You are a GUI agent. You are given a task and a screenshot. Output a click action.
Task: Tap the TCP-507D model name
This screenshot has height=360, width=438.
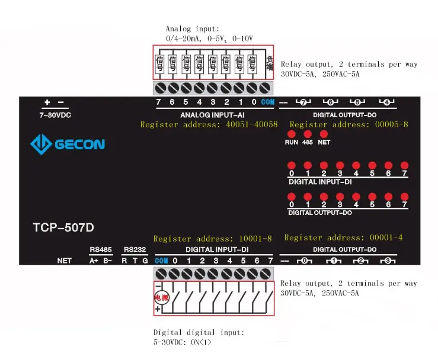(x=63, y=227)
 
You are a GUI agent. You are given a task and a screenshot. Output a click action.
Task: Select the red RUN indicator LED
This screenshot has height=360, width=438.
(x=291, y=134)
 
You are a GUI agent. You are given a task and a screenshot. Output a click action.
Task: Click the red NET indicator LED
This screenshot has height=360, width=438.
(x=324, y=134)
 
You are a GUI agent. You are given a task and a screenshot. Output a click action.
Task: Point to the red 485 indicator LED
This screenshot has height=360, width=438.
(x=307, y=134)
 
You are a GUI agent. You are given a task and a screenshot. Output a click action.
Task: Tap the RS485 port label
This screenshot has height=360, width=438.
(x=100, y=250)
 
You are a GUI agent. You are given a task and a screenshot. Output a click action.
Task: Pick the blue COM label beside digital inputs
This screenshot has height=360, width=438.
(x=161, y=261)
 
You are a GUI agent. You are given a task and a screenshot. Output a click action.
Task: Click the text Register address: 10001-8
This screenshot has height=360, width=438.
(x=212, y=239)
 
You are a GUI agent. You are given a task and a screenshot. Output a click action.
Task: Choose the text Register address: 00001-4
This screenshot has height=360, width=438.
(x=343, y=237)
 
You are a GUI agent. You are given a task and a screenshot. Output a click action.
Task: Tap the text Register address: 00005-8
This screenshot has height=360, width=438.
(x=349, y=125)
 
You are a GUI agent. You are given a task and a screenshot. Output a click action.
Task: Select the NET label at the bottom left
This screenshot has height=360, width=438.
(x=64, y=261)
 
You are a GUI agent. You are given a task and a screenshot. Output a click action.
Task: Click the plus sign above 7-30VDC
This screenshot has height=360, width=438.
(x=47, y=102)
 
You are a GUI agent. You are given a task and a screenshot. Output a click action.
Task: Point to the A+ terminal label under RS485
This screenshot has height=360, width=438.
(x=94, y=261)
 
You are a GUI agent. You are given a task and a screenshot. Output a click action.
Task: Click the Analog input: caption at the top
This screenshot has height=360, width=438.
(x=193, y=28)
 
